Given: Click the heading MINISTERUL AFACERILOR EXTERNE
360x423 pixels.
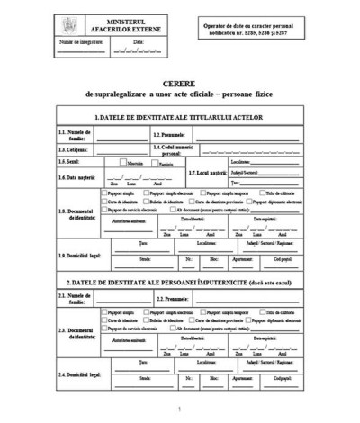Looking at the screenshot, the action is [123, 22].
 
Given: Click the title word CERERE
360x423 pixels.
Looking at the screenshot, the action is [179, 79].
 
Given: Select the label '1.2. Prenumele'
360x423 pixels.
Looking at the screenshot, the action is [169, 134].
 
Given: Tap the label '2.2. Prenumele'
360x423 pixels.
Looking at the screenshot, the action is [173, 298].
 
